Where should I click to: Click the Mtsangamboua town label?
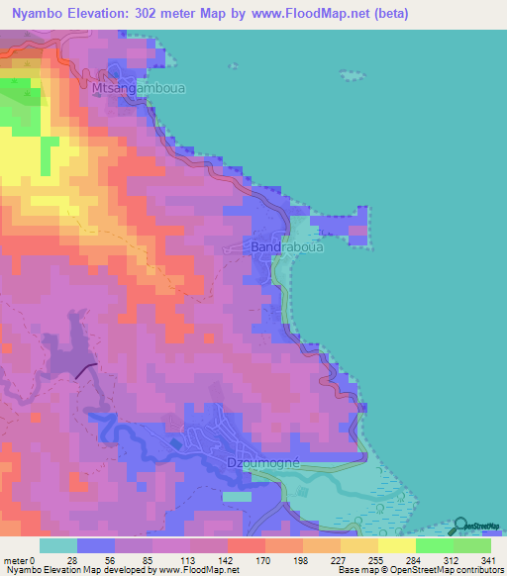point(138,88)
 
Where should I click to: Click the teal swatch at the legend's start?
point(57,545)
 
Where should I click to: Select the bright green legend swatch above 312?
point(434,545)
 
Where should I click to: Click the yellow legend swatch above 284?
point(396,545)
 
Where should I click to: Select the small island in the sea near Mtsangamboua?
point(353,75)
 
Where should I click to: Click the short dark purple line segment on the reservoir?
point(86,370)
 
